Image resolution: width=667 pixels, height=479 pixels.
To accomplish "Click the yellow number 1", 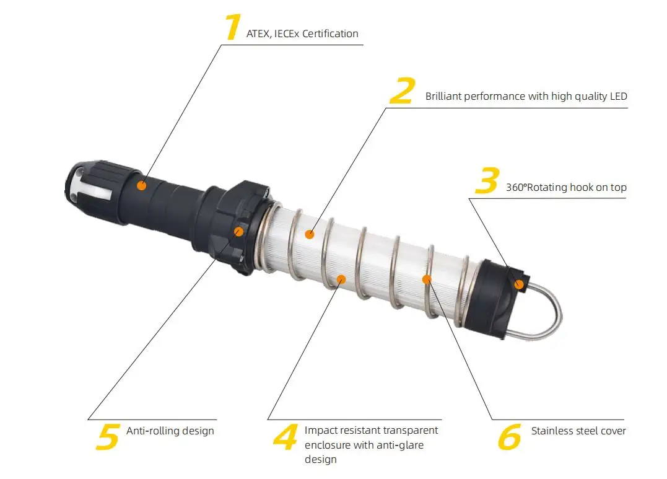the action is tap(233, 27).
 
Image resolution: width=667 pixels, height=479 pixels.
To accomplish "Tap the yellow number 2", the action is tap(402, 90).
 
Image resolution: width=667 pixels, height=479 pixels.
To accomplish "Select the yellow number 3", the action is tap(487, 180).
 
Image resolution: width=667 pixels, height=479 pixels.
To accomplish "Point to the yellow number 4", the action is tap(286, 436).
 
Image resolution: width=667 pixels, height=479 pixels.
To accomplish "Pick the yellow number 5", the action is tap(108, 436).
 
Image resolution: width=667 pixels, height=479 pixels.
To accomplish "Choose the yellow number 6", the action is tap(509, 436).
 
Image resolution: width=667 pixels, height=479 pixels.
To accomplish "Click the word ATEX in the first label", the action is tap(258, 33).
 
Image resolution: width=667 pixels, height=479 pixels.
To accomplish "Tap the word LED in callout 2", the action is tap(619, 96).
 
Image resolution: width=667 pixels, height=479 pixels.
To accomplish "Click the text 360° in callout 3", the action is tap(516, 187).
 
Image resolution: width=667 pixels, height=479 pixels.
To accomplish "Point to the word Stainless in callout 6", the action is tap(552, 431).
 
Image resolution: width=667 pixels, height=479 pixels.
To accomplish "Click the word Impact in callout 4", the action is tap(320, 431).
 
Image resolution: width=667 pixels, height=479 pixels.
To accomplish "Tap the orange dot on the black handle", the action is tap(142, 186).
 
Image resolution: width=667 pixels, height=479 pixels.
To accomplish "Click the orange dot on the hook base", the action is tap(519, 284).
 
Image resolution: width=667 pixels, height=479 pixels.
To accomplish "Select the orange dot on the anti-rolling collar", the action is tap(239, 231).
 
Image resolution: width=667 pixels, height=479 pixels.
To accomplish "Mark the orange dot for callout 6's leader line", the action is tap(427, 279).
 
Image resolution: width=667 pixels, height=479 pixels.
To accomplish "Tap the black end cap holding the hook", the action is tap(495, 298).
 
